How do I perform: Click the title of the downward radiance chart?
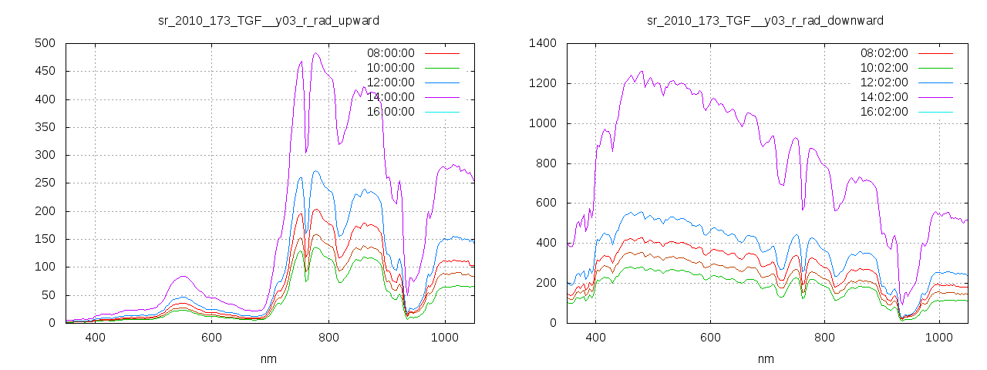[765, 20]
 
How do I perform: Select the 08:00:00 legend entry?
[390, 53]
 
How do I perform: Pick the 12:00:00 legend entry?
[390, 82]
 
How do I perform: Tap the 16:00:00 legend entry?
[390, 111]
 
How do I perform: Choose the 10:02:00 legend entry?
[884, 68]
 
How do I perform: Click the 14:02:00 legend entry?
[884, 96]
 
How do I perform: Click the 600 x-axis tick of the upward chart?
[212, 338]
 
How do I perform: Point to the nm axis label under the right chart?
[765, 358]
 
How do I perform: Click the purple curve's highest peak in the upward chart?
[316, 53]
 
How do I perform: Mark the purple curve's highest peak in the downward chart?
[641, 71]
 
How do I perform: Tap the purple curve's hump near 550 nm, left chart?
[183, 276]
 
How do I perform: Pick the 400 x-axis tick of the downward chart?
[595, 338]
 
